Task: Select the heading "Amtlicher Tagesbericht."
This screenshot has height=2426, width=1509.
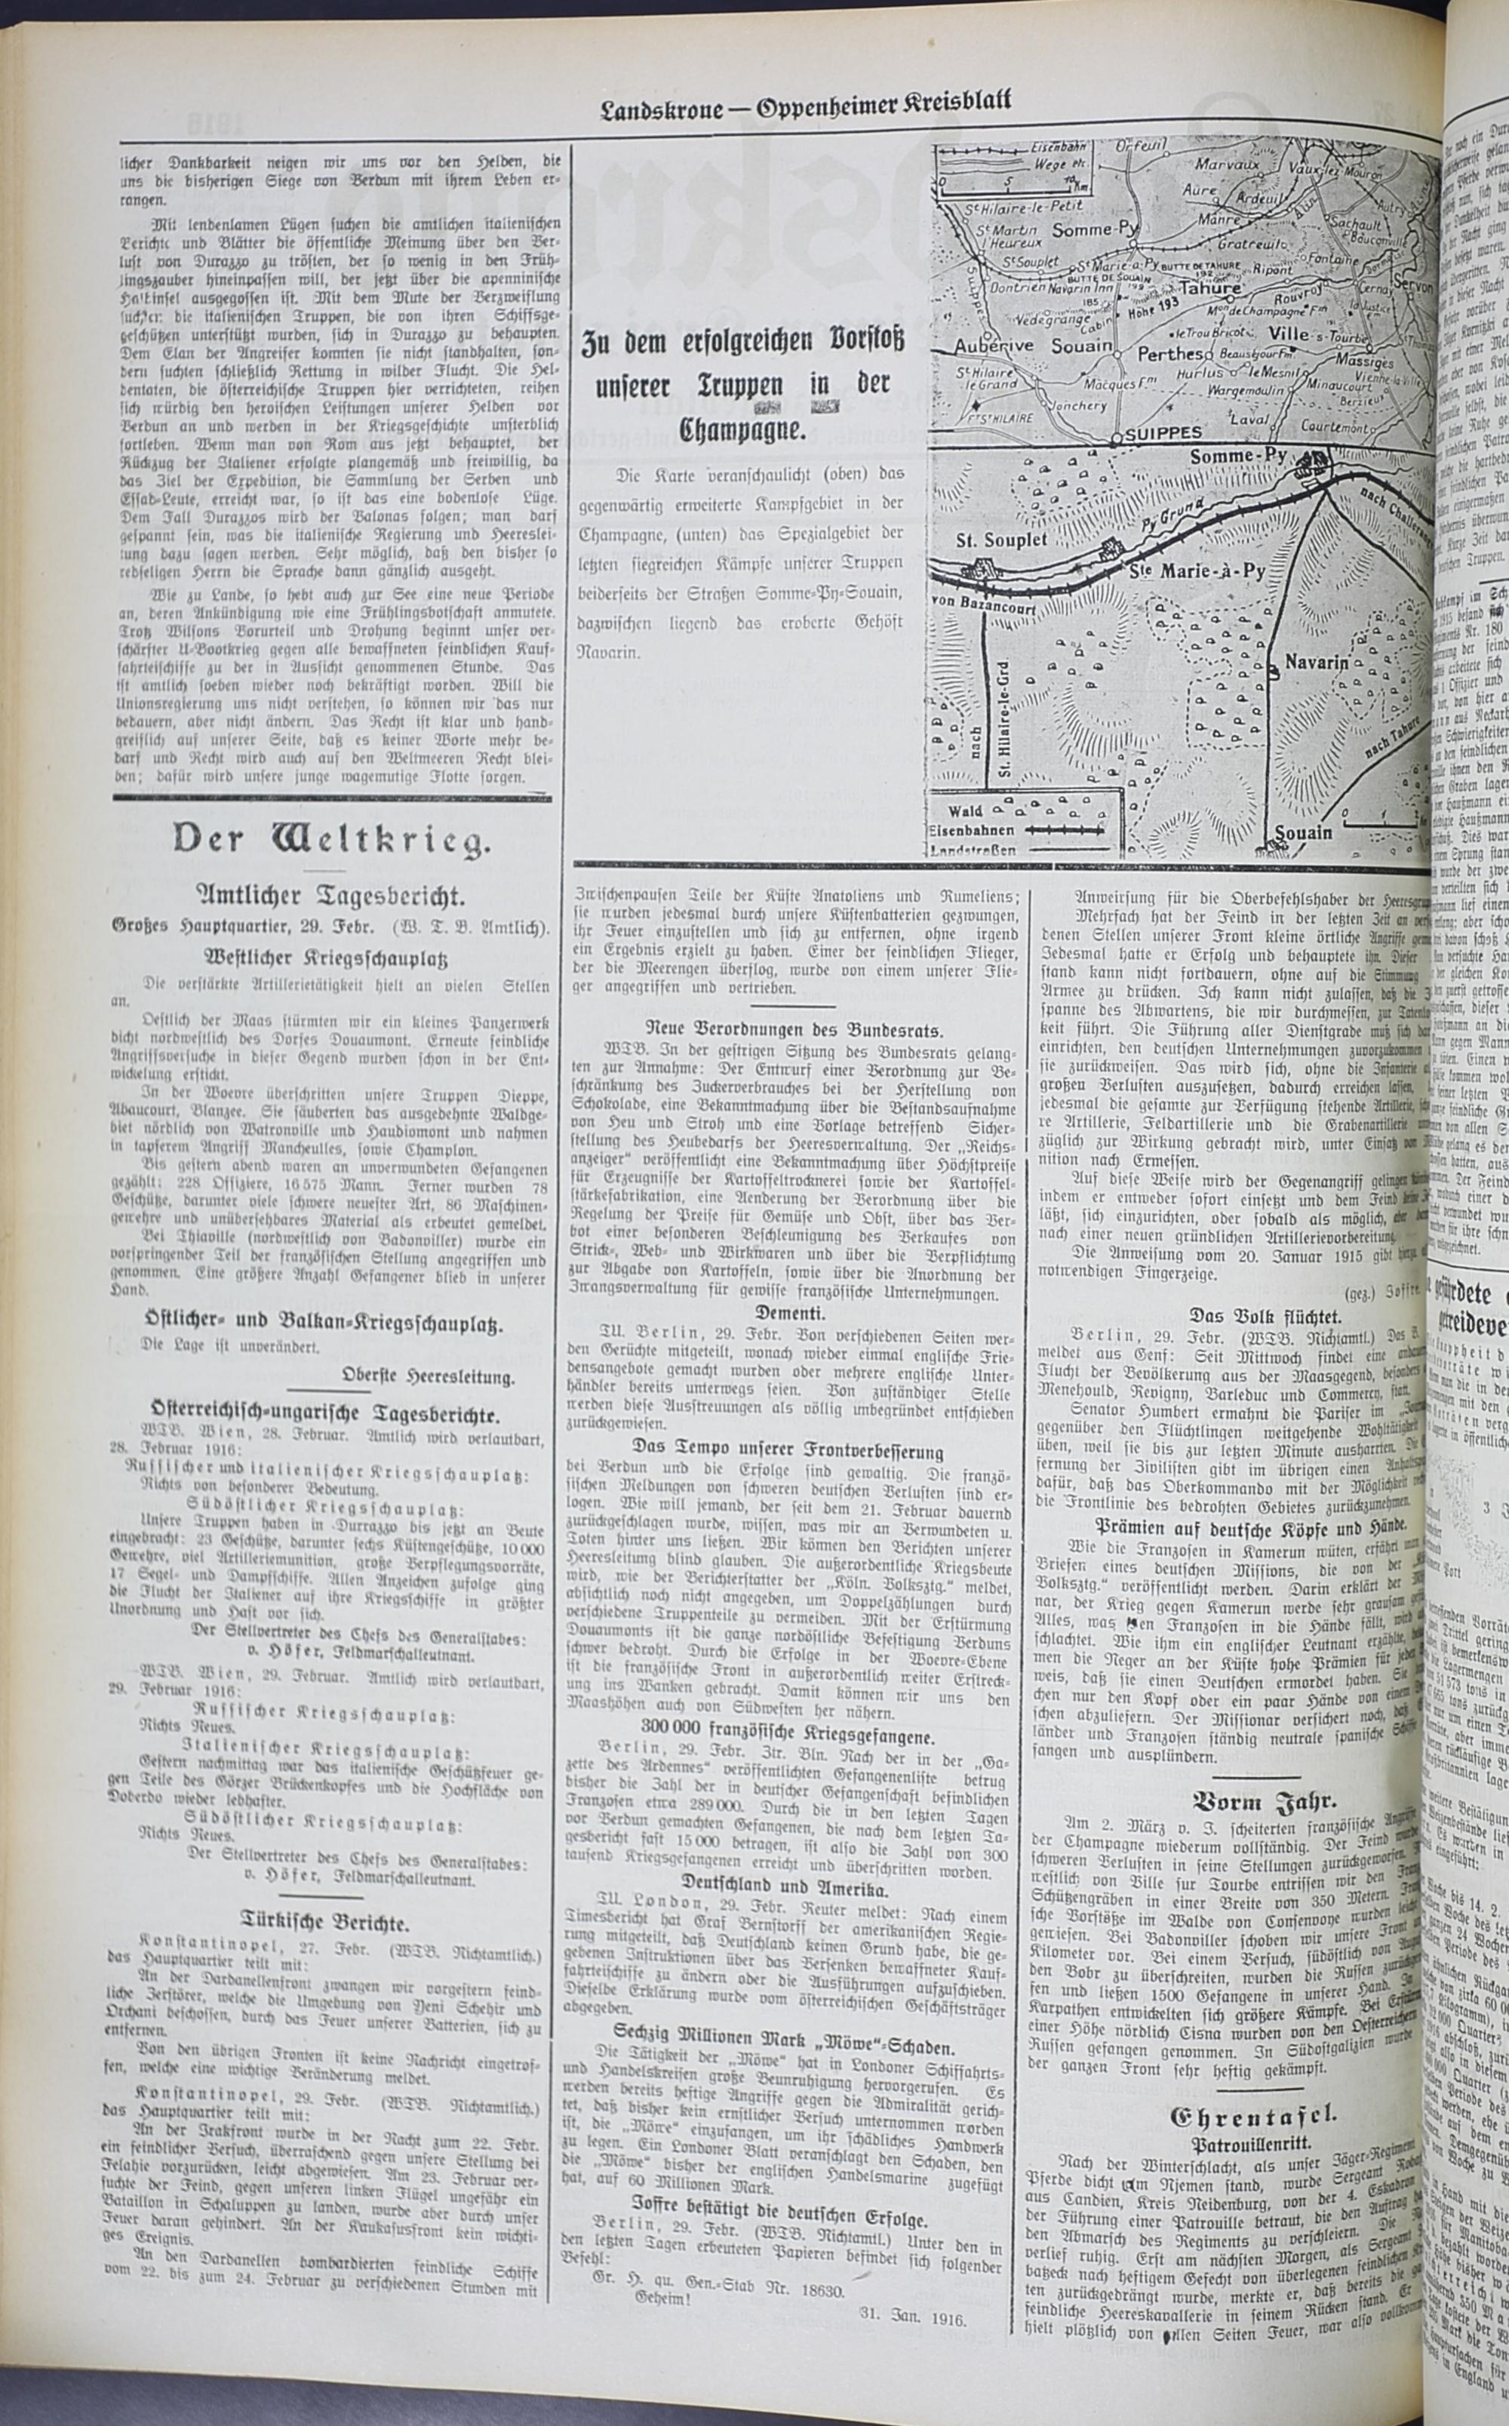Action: click(x=332, y=893)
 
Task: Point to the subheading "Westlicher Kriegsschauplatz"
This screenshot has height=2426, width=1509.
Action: click(x=332, y=959)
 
